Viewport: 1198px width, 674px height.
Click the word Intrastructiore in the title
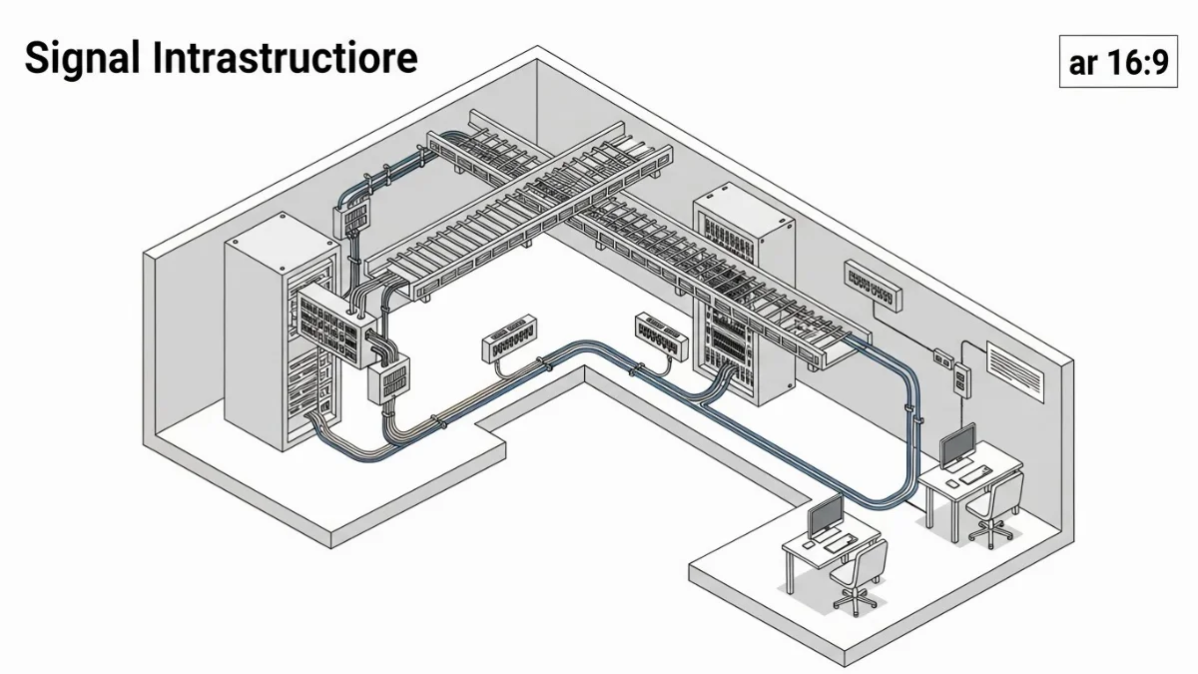pyautogui.click(x=286, y=59)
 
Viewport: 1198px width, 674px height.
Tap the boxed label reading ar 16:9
pyautogui.click(x=1117, y=63)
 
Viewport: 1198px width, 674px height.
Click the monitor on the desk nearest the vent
pyautogui.click(x=958, y=444)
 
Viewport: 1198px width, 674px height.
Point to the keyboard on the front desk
pyautogui.click(x=837, y=544)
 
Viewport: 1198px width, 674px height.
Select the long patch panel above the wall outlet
pyautogui.click(x=875, y=283)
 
